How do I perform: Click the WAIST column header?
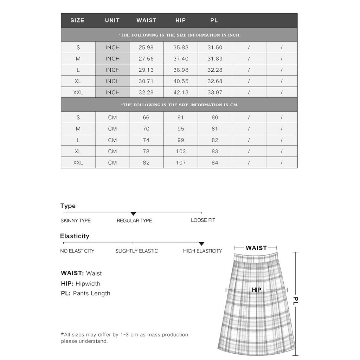(146, 20)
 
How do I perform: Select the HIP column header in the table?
(180, 20)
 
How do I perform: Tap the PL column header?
(214, 20)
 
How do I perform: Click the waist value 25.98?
(146, 47)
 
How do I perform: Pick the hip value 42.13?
(181, 92)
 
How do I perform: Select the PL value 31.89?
(215, 59)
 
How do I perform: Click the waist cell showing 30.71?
(146, 81)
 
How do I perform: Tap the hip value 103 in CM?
(181, 152)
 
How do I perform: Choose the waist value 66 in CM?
(146, 118)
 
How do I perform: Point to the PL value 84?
(215, 163)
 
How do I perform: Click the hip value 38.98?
(181, 70)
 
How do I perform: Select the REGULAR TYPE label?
(134, 220)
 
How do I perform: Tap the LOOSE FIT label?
(203, 220)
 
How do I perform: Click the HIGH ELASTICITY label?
(202, 251)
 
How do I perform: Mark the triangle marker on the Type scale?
(133, 214)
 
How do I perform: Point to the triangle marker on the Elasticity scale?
(201, 244)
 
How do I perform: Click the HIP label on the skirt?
(257, 290)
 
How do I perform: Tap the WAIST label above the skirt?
(256, 248)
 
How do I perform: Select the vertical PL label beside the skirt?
(296, 301)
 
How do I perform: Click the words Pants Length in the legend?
(91, 294)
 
